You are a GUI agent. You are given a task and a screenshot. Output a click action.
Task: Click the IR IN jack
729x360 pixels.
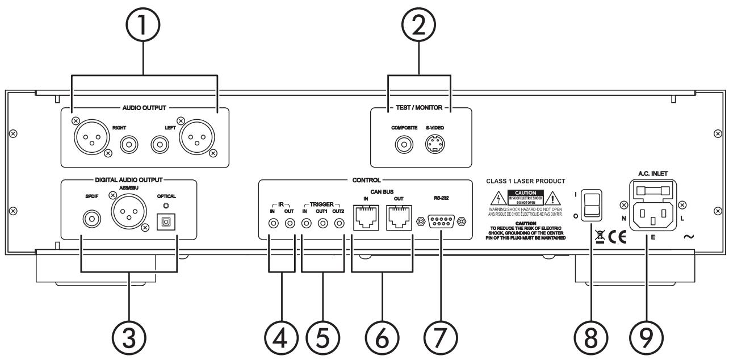click(x=274, y=223)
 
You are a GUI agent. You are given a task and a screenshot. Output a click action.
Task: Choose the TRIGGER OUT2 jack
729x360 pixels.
click(x=339, y=223)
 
